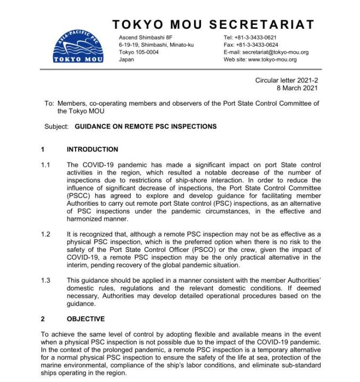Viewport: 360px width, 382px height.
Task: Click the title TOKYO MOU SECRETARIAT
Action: tap(213, 24)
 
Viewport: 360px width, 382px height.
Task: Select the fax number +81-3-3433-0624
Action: tap(257, 45)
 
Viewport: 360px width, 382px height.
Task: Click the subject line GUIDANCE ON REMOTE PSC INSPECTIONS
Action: tap(146, 126)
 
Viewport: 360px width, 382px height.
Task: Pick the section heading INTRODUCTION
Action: tap(93, 149)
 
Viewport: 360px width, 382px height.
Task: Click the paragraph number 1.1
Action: tap(46, 165)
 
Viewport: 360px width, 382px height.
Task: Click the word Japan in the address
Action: tap(127, 60)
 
